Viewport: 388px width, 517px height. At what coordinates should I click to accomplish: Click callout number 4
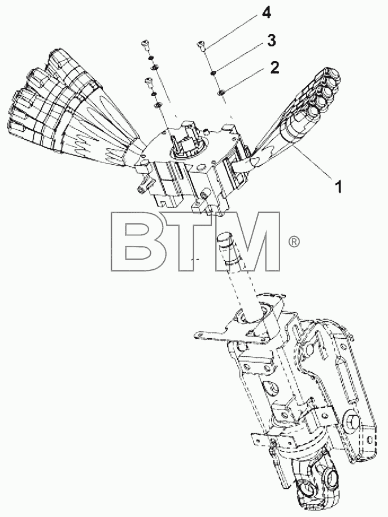click(267, 13)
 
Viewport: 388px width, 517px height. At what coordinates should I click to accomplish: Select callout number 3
click(271, 41)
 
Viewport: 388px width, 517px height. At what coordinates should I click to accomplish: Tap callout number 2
click(274, 67)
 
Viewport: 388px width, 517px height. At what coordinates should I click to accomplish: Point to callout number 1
click(338, 187)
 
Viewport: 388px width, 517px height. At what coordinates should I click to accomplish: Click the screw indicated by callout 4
click(202, 45)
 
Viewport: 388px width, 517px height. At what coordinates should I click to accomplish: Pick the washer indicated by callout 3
click(213, 73)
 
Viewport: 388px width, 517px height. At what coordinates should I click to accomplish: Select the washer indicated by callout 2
click(221, 93)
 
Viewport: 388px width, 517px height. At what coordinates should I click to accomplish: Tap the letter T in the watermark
click(189, 242)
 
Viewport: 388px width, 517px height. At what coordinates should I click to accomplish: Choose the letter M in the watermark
click(249, 242)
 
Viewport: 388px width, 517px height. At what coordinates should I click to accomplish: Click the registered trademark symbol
click(294, 242)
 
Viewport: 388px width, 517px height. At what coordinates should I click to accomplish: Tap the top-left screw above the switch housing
click(145, 44)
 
